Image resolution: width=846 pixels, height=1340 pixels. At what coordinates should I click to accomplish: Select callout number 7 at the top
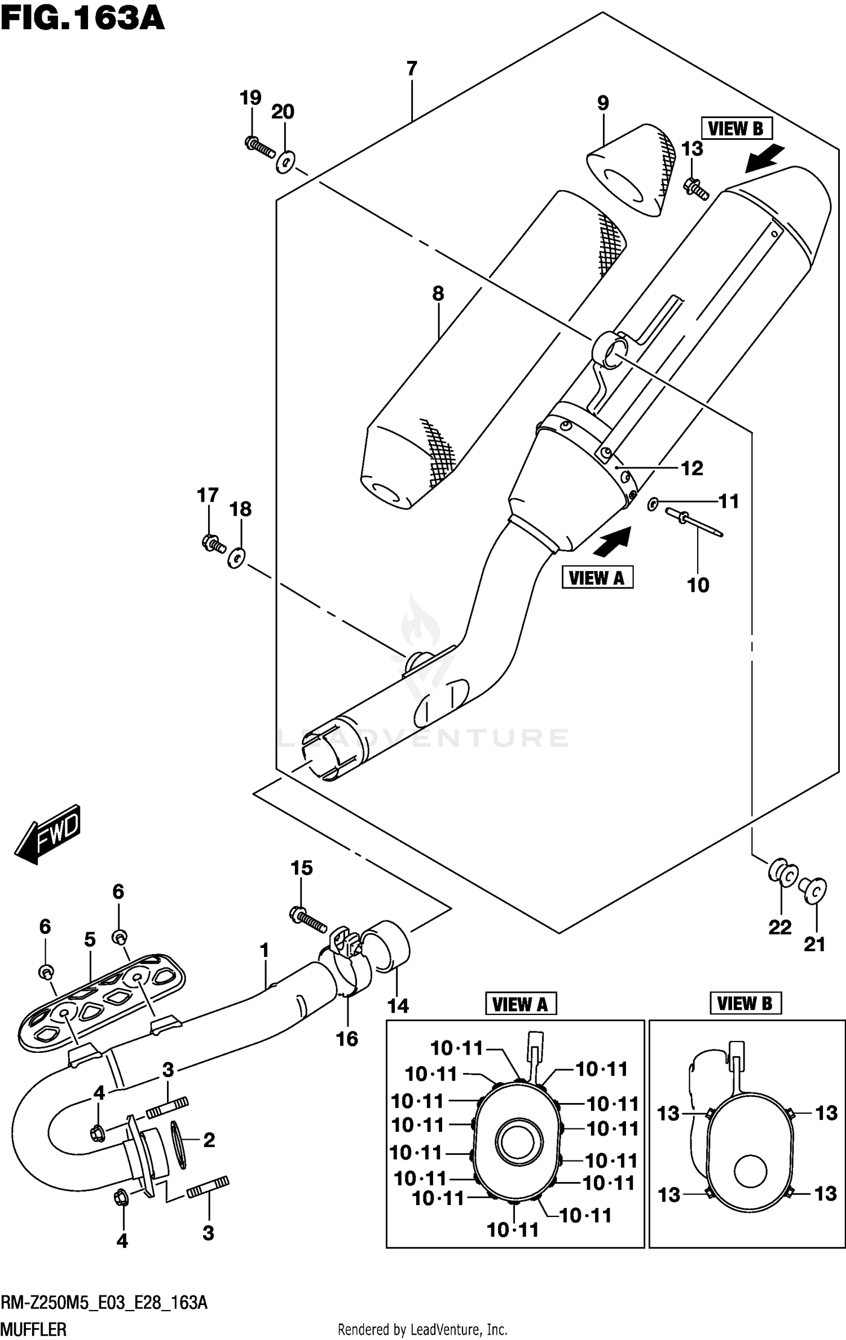click(412, 68)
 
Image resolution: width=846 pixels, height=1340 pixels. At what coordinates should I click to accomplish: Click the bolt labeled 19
click(260, 147)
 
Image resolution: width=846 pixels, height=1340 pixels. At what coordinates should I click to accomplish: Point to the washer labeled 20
click(286, 162)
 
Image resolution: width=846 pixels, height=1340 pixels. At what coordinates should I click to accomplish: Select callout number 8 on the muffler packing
click(438, 293)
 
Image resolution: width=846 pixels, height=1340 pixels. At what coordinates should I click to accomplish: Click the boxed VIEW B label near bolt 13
click(736, 129)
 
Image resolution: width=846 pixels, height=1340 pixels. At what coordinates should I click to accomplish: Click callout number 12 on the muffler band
click(692, 468)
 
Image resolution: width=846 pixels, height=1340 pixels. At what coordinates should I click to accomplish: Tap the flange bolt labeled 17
click(213, 544)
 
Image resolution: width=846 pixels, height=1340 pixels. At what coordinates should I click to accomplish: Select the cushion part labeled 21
click(813, 889)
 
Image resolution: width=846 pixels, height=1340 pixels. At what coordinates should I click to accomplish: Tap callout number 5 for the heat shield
click(90, 939)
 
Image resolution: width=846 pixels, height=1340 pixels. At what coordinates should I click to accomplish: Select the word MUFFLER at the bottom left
click(33, 1329)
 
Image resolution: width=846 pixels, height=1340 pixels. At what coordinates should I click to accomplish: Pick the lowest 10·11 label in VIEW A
click(513, 1230)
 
